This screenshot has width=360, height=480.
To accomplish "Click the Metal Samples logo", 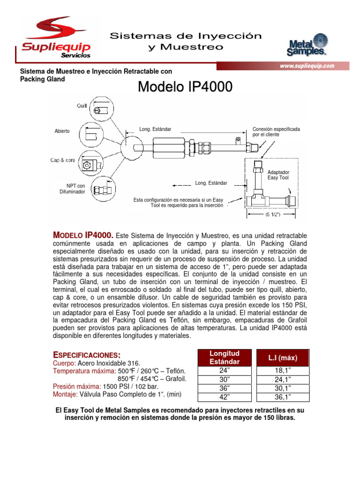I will click(307, 45).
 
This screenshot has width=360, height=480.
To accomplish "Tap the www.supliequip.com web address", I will click(307, 66).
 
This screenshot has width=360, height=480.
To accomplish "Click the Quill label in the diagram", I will click(82, 106).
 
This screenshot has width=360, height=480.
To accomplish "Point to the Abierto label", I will click(62, 131).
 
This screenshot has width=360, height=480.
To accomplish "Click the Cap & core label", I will click(63, 160).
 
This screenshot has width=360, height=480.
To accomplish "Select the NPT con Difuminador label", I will click(72, 189).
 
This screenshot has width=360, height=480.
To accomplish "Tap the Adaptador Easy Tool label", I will click(278, 175).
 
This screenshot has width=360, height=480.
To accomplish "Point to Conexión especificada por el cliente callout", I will click(276, 131).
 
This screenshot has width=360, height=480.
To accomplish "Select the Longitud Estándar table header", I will click(224, 358).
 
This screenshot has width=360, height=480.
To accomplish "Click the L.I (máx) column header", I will click(282, 358).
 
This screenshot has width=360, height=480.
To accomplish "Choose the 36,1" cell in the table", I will click(282, 397).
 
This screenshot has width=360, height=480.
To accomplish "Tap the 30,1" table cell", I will click(282, 389).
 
